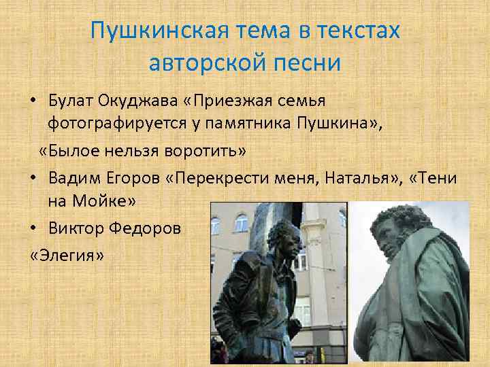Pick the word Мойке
tap(105, 202)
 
